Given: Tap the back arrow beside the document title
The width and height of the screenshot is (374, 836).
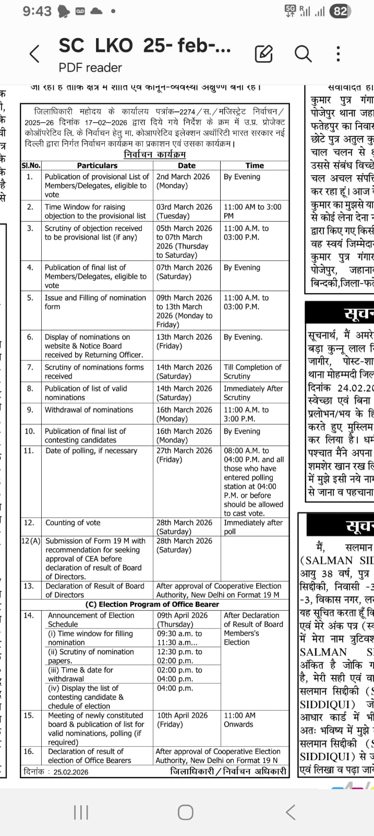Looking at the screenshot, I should (34, 54).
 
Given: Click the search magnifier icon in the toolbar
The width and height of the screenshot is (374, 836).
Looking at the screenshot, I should (303, 53).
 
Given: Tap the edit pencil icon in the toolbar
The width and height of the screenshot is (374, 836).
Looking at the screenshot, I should (264, 53).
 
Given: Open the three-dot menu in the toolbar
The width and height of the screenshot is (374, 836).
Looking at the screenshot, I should (338, 54).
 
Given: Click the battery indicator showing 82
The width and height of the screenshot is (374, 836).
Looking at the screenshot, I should (340, 11).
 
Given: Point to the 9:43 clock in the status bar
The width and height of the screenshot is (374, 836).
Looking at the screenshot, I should (37, 11).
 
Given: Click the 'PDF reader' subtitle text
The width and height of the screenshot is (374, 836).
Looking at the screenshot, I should (90, 67).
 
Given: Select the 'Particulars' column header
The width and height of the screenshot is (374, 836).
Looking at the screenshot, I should (97, 166).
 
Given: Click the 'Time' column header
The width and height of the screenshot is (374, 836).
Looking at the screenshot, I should (255, 166).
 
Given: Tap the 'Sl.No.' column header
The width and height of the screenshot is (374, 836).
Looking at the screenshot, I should (31, 166).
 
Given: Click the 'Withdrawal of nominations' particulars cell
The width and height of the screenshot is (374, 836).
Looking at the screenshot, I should (89, 410).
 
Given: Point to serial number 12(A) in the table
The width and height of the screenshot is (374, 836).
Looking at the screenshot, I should (31, 541).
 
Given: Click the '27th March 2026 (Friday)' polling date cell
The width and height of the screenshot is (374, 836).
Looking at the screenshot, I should (184, 455).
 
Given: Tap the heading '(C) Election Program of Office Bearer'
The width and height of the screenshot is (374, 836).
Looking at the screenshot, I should (152, 604).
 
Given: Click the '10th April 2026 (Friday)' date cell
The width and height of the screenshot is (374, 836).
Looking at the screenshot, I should (182, 719).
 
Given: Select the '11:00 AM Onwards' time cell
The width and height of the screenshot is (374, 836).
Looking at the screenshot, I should (239, 719).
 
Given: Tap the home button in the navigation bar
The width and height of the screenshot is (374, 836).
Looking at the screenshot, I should (186, 812).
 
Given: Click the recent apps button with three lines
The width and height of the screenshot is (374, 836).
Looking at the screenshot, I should (81, 812).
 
